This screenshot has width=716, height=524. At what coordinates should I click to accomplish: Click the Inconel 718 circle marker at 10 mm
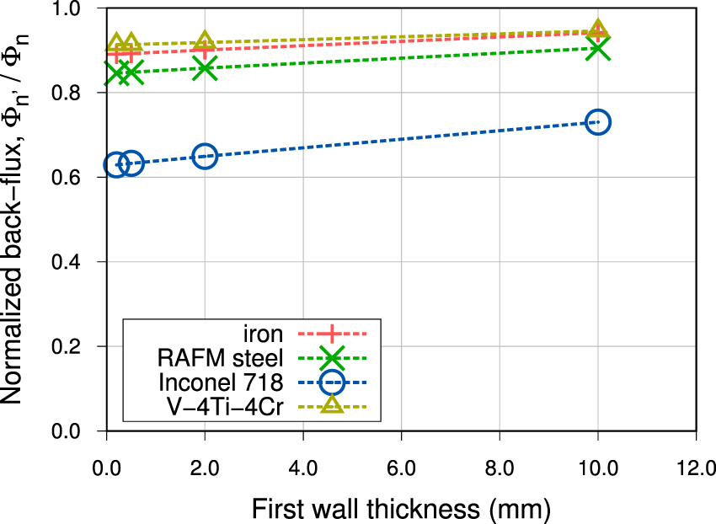[x=597, y=122]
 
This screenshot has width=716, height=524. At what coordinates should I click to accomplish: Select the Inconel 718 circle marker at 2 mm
[x=205, y=156]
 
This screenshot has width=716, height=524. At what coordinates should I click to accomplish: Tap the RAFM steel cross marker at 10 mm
[x=597, y=49]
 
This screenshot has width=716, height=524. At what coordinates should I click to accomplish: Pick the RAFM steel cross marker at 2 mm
[x=205, y=68]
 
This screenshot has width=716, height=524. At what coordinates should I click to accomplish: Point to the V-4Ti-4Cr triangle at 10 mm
[x=597, y=30]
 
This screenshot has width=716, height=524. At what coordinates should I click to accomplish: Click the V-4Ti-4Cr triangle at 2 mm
[x=205, y=42]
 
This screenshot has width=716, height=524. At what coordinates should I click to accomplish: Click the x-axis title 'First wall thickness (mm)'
[x=400, y=508]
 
